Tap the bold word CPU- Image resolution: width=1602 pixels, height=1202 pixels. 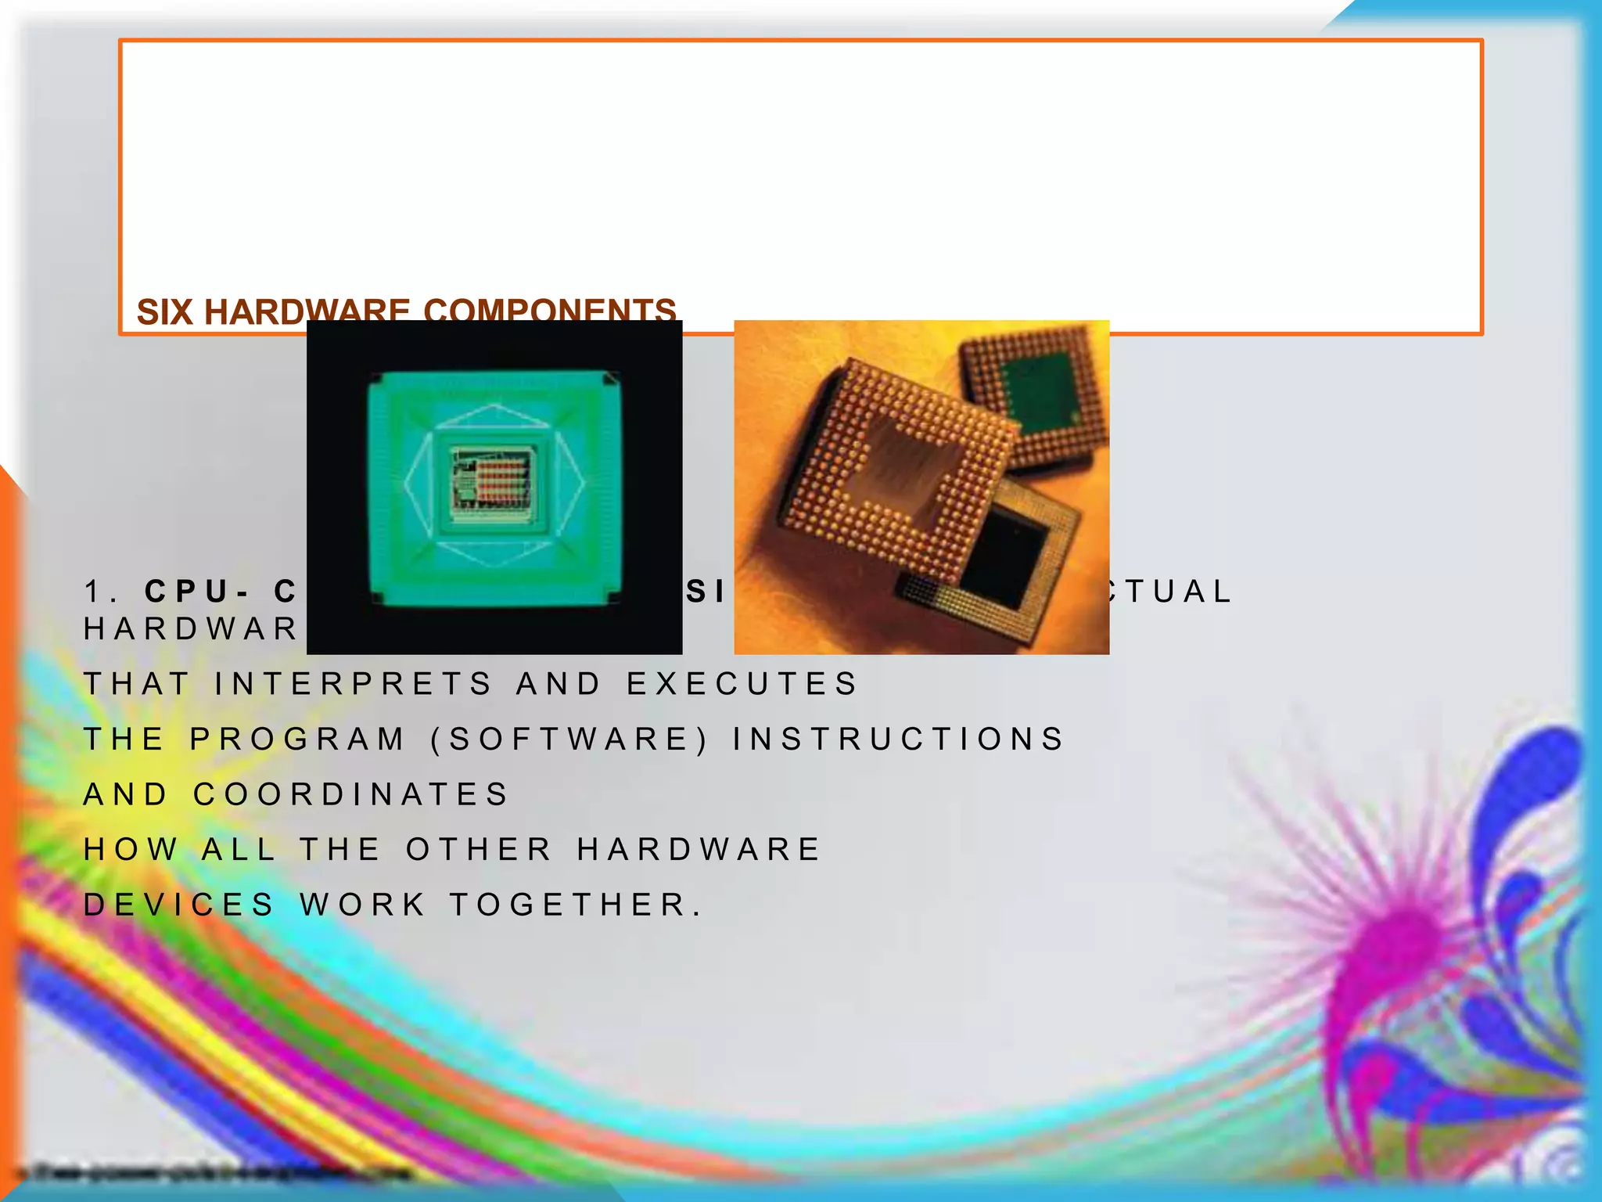pos(196,592)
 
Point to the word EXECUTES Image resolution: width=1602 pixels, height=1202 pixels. pos(742,684)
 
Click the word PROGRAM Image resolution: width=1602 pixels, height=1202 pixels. pos(298,740)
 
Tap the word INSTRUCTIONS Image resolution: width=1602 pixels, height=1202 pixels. pos(899,740)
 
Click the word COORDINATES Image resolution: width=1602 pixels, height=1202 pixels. pos(351,795)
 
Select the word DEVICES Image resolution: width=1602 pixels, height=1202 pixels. pos(179,905)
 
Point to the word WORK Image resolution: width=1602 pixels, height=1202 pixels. pos(363,905)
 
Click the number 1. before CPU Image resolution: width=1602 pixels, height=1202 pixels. pos(101,592)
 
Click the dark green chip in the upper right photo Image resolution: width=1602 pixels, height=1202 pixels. pos(1040,391)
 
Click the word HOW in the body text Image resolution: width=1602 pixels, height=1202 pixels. pos(131,850)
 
